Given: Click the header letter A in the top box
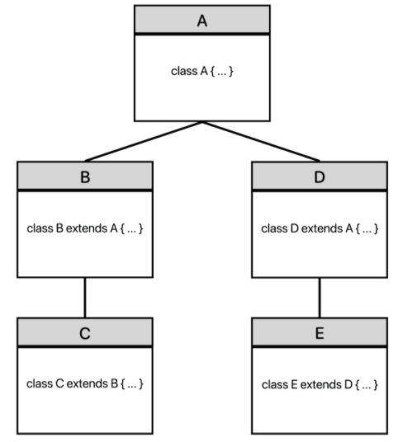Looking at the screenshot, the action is tap(202, 21).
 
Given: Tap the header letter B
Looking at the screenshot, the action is tap(85, 177).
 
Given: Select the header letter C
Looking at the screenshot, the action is tap(85, 333).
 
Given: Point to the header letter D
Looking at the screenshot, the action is tap(320, 177).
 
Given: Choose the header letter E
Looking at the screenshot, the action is tap(320, 333).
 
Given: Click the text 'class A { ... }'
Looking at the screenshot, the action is tap(202, 71).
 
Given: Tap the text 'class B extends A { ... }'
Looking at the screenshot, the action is tap(85, 228).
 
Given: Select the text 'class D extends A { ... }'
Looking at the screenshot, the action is tap(320, 228).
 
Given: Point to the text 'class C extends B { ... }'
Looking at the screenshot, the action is tap(85, 384).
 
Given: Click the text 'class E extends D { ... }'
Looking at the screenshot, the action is tap(320, 385).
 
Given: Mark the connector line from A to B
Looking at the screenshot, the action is tap(144, 141).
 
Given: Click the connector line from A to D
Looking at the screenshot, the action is tap(261, 141).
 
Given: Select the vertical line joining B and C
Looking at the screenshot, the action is tap(85, 298).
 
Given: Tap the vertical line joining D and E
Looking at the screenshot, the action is tap(320, 298).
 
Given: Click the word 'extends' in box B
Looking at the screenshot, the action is tap(87, 228).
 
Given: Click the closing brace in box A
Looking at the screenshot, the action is tap(231, 71).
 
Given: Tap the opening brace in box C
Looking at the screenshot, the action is tap(123, 384).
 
